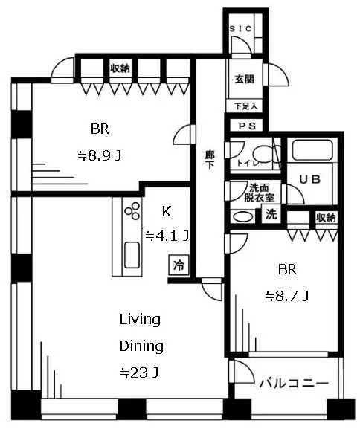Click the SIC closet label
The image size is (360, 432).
pyautogui.click(x=241, y=29)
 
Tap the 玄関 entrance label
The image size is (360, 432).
pyautogui.click(x=244, y=80)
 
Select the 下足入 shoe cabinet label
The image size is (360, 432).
pyautogui.click(x=246, y=106)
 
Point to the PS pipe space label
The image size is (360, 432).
pyautogui.click(x=247, y=126)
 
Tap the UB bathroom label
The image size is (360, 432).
pyautogui.click(x=309, y=180)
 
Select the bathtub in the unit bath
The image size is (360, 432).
pyautogui.click(x=312, y=150)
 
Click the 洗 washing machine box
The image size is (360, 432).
pyautogui.click(x=271, y=214)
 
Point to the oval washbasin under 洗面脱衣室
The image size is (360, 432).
pyautogui.click(x=244, y=216)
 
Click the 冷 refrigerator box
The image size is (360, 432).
pyautogui.click(x=179, y=265)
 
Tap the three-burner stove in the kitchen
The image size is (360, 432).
pyautogui.click(x=132, y=211)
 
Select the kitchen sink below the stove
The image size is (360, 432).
pyautogui.click(x=132, y=255)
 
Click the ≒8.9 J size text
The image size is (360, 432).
pyautogui.click(x=99, y=156)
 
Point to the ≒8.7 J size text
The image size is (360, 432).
pyautogui.click(x=286, y=297)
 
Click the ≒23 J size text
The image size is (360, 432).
pyautogui.click(x=139, y=373)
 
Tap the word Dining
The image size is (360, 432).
pyautogui.click(x=141, y=346)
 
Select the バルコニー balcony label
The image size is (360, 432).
pyautogui.click(x=294, y=383)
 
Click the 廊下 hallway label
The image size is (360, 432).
pyautogui.click(x=210, y=160)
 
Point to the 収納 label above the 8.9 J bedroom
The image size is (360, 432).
pyautogui.click(x=120, y=68)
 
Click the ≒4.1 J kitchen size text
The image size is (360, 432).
pyautogui.click(x=167, y=236)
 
